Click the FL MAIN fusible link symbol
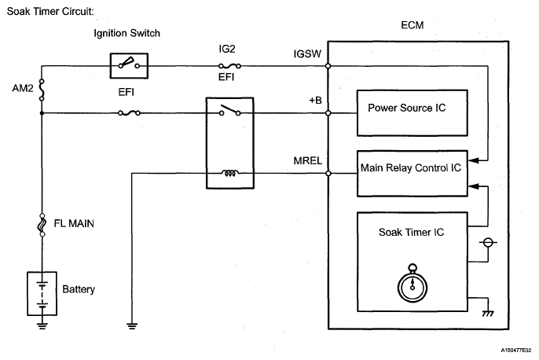click(x=40, y=226)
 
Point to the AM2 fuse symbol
click(x=40, y=89)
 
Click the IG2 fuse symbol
click(x=228, y=65)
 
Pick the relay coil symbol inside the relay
click(x=229, y=174)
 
